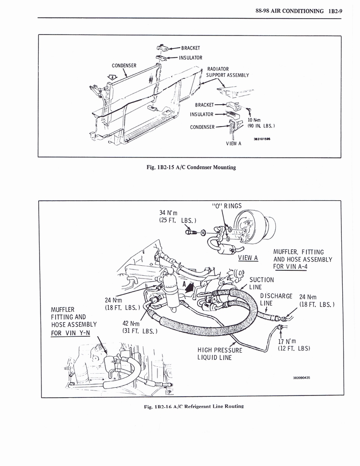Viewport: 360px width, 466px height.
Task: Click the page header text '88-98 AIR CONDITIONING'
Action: coord(289,11)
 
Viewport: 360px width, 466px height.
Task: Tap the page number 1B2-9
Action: coord(335,11)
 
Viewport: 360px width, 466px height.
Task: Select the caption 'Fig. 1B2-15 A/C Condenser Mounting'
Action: coord(191,167)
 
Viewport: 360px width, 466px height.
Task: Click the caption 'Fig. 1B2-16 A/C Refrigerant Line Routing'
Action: coord(194,406)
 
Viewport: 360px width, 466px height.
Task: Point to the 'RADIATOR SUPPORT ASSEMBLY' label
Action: coord(228,72)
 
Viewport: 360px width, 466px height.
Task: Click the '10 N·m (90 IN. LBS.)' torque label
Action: coord(261,123)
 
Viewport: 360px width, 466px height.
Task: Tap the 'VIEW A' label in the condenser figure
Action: coord(233,143)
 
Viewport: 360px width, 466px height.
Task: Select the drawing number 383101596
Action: coord(262,139)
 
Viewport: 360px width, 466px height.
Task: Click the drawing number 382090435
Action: coord(301,378)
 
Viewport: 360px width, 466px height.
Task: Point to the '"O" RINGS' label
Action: coord(227,206)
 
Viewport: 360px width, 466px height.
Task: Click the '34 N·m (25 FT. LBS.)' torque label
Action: coord(178,216)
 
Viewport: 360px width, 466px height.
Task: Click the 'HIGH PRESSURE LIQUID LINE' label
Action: coord(220,354)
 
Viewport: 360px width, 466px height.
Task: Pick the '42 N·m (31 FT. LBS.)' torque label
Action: coord(140,327)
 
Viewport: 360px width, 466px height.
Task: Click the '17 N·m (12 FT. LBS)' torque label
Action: coord(294,345)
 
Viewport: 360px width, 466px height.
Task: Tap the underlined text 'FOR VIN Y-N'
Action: coord(71,333)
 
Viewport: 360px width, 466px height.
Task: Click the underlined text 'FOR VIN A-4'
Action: coord(290,267)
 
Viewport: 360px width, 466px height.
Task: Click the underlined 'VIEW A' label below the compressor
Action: coord(248,258)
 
